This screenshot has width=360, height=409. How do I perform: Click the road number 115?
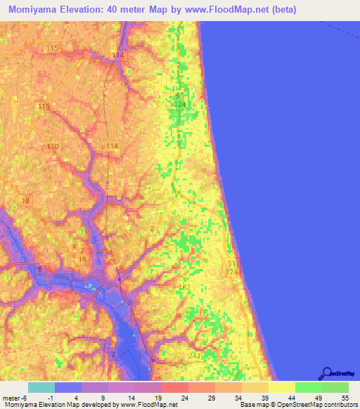[51, 47]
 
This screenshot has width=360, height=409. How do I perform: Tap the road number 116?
[44, 106]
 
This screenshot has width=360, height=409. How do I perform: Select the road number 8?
[40, 270]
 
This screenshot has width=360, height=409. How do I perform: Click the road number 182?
[185, 287]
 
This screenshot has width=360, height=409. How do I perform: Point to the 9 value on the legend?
[103, 398]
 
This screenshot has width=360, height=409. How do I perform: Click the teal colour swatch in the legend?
[41, 388]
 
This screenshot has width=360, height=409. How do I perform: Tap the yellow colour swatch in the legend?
[281, 388]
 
